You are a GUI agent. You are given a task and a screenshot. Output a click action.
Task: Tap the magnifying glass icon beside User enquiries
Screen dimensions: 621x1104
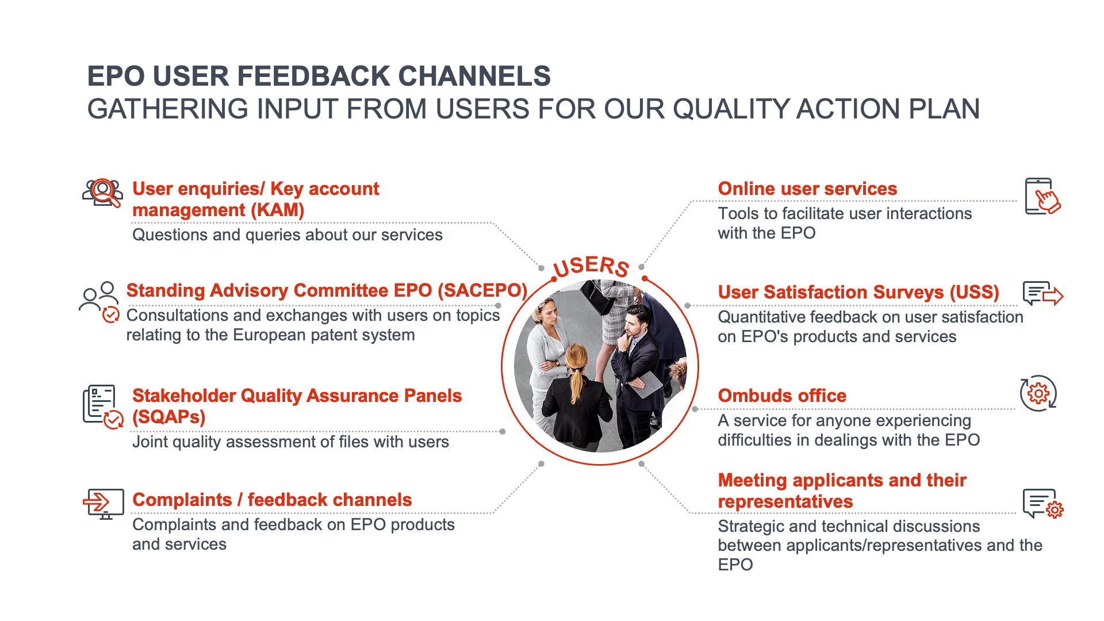[103, 192]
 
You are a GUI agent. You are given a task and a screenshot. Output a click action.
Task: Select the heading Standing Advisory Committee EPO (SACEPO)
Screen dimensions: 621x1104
[327, 290]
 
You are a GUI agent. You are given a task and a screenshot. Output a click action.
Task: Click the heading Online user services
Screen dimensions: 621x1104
[807, 189]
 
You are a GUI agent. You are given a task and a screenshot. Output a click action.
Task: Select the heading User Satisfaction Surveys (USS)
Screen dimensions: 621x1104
[858, 292]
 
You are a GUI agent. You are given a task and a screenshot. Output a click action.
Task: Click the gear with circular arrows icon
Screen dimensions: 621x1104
[1038, 393]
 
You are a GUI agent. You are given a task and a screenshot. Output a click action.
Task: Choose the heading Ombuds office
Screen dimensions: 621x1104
[781, 396]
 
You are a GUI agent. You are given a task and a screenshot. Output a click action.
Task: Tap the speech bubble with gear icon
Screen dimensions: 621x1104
[1042, 504]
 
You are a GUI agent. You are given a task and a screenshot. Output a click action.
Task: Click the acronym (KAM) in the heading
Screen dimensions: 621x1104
[277, 210]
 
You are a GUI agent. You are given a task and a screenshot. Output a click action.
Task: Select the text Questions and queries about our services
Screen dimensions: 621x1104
[287, 235]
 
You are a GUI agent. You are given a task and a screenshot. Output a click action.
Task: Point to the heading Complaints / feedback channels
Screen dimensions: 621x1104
[272, 500]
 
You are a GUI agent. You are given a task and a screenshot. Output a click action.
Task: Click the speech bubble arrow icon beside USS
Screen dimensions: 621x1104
[1042, 294]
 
